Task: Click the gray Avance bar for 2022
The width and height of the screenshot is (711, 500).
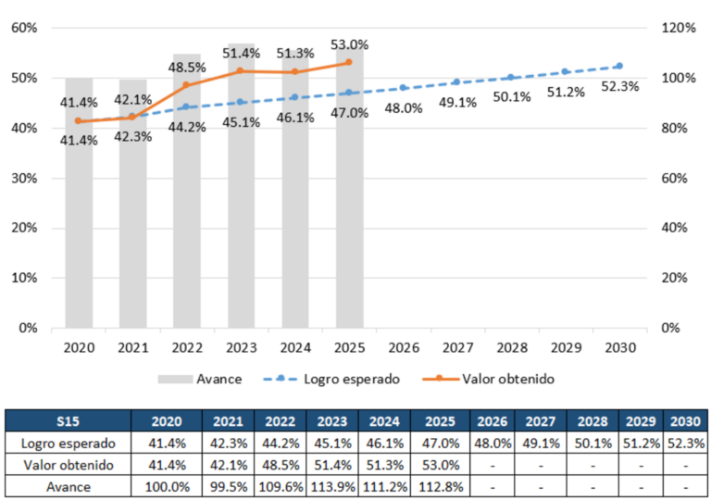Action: point(187,191)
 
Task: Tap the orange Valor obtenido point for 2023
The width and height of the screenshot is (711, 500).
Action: point(241,70)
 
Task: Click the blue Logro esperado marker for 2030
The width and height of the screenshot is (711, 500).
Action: point(620,66)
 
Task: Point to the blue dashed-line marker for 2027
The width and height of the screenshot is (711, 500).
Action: point(457,82)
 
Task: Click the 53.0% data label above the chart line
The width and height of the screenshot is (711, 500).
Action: point(350,45)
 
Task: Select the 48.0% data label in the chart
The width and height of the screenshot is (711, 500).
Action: point(404,108)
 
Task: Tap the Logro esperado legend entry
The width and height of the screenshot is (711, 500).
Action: point(331,379)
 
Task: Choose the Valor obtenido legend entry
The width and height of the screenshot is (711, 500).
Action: point(489,379)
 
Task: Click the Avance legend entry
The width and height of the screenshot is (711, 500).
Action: point(200,379)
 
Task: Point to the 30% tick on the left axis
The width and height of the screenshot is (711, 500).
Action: point(24,178)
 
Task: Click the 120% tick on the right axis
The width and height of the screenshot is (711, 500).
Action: point(679,28)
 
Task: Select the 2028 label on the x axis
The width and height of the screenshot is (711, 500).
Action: point(512,347)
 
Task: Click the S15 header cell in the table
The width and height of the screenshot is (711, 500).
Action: point(68,421)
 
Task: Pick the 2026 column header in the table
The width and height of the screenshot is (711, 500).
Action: point(492,421)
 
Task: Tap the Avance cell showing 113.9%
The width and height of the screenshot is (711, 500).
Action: point(332,487)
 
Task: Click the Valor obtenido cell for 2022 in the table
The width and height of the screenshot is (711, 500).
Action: point(281,465)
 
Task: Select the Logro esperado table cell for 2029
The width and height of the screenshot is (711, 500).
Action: point(641,444)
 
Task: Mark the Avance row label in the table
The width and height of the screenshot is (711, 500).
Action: point(68,487)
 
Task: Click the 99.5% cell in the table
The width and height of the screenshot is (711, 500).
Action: point(228,487)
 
